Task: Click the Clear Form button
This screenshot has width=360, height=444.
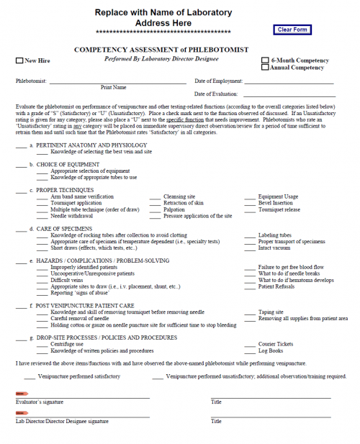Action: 292,30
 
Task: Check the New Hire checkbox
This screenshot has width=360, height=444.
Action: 19,61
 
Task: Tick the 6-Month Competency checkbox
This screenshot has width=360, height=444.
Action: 266,60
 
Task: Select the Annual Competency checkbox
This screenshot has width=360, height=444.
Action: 266,68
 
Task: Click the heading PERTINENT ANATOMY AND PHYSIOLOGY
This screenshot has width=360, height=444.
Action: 91,145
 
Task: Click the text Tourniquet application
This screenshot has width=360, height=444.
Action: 76,203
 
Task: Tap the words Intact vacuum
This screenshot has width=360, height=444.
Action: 274,248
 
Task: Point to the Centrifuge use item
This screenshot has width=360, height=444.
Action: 69,344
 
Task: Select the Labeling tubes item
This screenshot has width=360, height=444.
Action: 275,235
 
